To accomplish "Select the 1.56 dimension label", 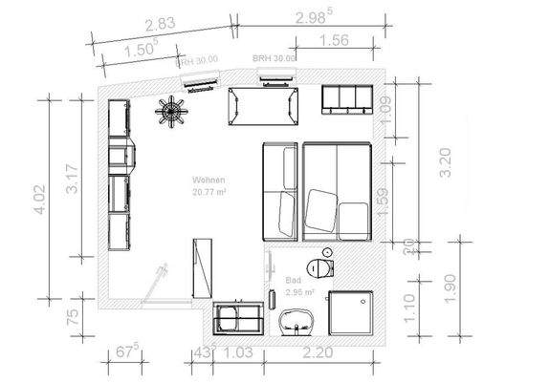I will point(332,40).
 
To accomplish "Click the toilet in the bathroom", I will point(319,265).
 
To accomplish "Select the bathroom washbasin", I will point(296,325).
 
